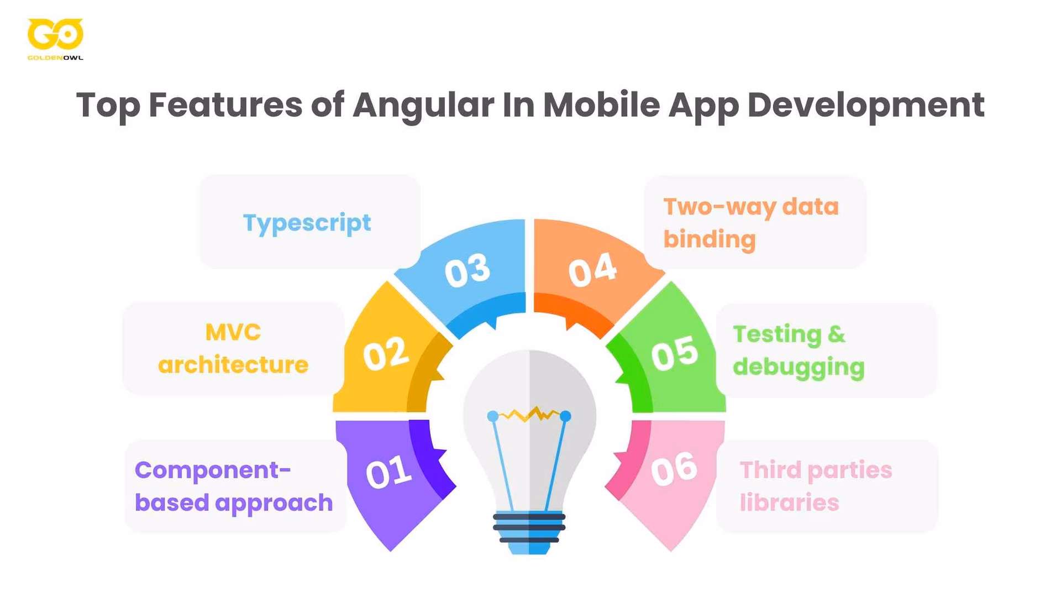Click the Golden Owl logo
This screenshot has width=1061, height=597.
[55, 38]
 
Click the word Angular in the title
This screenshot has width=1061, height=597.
[423, 104]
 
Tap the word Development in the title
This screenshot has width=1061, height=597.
[865, 104]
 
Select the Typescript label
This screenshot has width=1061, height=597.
[307, 223]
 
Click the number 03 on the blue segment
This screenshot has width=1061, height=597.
[467, 270]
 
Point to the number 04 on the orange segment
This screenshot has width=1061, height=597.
[592, 270]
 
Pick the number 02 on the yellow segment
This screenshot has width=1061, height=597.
[386, 354]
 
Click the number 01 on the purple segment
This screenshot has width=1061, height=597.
[388, 473]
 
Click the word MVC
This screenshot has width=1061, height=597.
[233, 333]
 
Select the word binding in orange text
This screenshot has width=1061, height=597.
[709, 240]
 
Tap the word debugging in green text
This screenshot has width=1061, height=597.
[799, 368]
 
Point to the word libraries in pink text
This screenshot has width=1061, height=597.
[789, 503]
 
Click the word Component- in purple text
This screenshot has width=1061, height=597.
[213, 470]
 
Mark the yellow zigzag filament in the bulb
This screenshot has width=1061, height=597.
[529, 414]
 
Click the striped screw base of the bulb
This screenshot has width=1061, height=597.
[529, 528]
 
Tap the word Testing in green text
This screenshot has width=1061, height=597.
[777, 334]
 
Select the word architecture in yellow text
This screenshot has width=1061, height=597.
[233, 365]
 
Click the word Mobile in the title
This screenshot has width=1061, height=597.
[601, 104]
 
